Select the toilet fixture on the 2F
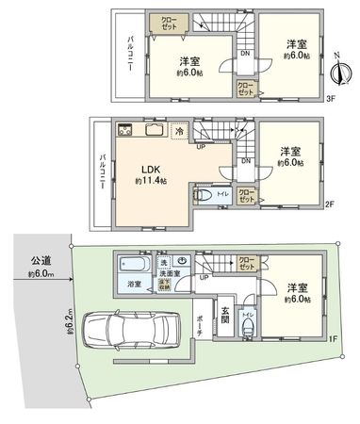tap(203, 197)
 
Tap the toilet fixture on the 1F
tap(247, 329)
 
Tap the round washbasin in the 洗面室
tap(184, 261)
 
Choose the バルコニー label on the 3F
tap(129, 56)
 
